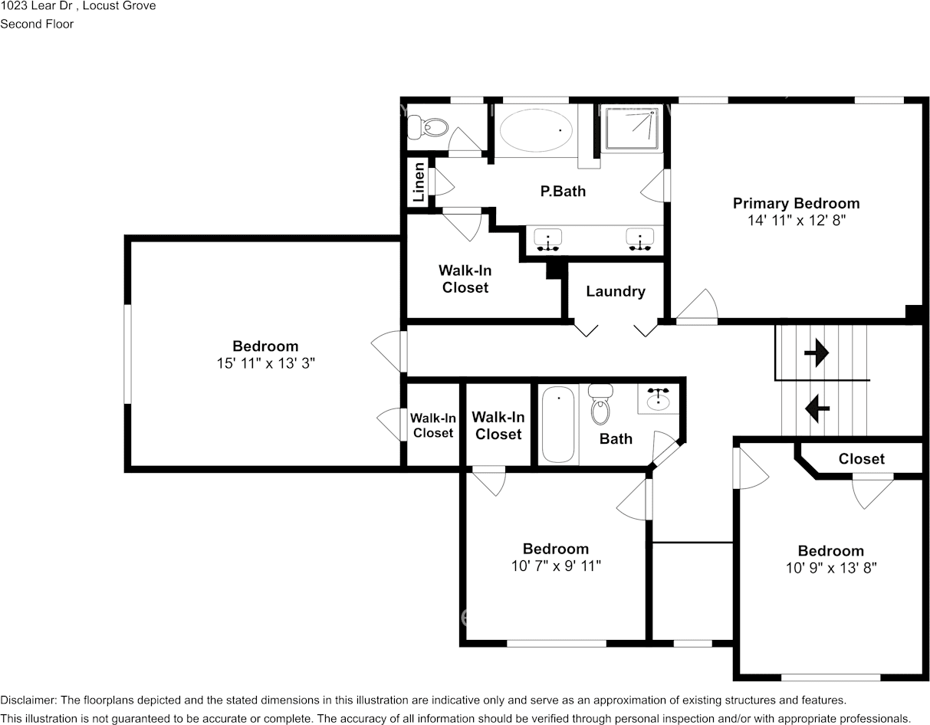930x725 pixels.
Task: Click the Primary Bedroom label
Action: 796,203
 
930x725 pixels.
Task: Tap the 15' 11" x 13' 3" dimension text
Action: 265,363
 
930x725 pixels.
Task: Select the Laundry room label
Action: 615,291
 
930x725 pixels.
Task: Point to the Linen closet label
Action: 419,182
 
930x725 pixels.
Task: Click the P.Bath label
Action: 563,191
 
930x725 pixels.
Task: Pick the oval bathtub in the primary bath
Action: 537,130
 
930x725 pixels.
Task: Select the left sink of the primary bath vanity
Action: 547,241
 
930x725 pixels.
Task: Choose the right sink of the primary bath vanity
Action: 639,240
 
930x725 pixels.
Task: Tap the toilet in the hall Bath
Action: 600,406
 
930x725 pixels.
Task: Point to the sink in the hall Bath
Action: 658,398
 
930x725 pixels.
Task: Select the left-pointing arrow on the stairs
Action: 816,407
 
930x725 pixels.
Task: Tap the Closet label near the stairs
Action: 861,459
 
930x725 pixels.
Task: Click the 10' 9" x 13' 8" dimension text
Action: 830,568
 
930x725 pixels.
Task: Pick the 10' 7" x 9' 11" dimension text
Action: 556,566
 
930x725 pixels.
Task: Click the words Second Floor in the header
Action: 37,24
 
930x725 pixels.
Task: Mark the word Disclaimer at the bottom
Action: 27,700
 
